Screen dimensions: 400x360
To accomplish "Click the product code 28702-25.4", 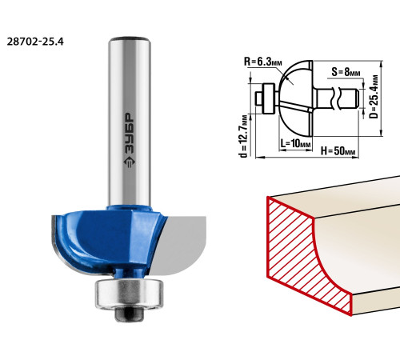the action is tap(35, 42).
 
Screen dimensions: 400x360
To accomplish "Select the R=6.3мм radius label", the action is tap(263, 62).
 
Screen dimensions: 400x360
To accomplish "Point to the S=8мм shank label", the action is tap(346, 72).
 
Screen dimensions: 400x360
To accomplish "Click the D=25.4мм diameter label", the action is tap(374, 97).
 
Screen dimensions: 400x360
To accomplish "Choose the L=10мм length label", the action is tap(295, 143).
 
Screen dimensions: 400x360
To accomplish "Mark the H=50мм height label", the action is tap(338, 151).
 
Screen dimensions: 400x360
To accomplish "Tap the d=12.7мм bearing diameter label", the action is tap(244, 136).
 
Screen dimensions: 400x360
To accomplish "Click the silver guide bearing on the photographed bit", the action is tap(129, 294).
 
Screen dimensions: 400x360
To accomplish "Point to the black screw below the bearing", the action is tap(129, 314).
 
